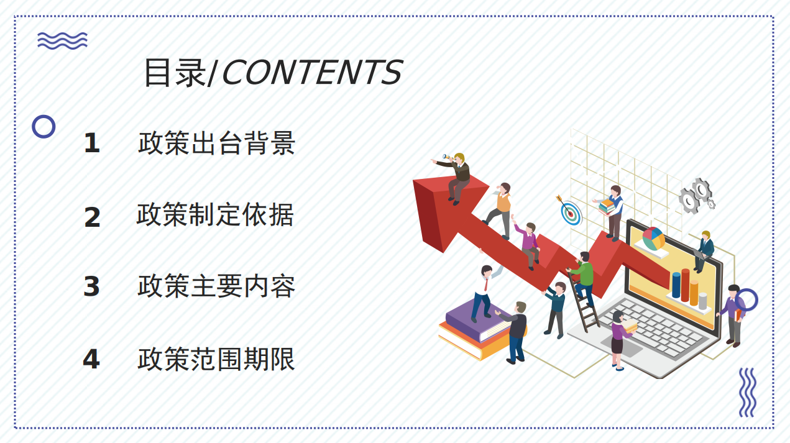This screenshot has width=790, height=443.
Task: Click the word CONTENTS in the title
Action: pyautogui.click(x=313, y=72)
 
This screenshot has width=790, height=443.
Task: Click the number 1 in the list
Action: pyautogui.click(x=92, y=143)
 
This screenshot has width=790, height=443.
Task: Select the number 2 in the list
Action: pyautogui.click(x=93, y=217)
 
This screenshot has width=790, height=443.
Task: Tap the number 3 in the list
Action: pyautogui.click(x=92, y=286)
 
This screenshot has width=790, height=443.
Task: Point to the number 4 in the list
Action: pyautogui.click(x=91, y=359)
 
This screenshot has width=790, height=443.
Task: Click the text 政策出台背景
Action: pyautogui.click(x=216, y=143)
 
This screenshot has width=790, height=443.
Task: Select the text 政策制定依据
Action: pyautogui.click(x=215, y=214)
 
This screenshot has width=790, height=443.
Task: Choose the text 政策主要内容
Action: pyautogui.click(x=216, y=286)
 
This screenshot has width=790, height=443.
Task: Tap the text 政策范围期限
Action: pyautogui.click(x=216, y=359)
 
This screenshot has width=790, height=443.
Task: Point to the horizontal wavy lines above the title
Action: pyautogui.click(x=62, y=41)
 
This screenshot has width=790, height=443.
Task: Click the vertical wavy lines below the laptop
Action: pyautogui.click(x=747, y=392)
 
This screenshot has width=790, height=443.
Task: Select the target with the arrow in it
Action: pyautogui.click(x=570, y=211)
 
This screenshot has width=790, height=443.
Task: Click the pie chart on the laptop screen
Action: pyautogui.click(x=653, y=239)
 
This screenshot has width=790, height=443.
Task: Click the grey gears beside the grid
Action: pyautogui.click(x=696, y=196)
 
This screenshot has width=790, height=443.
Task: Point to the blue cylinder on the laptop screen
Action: pyautogui.click(x=676, y=285)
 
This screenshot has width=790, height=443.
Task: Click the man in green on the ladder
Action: pyautogui.click(x=584, y=278)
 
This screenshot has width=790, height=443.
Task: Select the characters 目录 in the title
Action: pyautogui.click(x=175, y=73)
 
